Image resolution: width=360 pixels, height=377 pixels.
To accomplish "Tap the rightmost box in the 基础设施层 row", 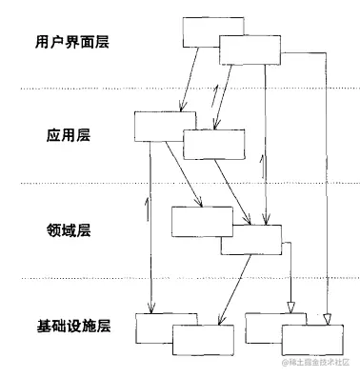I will tap(310, 338).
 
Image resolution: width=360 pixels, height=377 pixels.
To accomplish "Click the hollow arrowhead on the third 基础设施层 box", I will tap(290, 307).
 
